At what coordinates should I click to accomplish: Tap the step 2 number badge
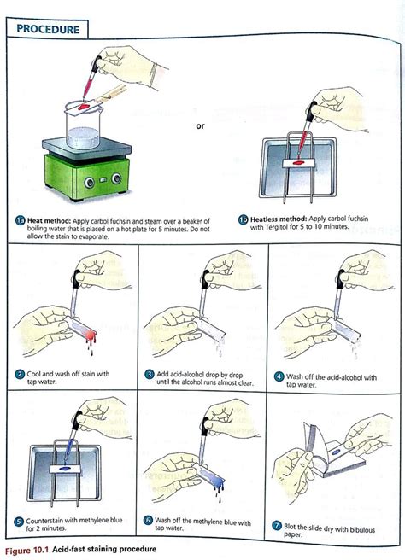(19, 374)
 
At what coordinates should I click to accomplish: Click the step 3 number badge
(150, 374)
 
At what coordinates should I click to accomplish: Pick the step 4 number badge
(279, 374)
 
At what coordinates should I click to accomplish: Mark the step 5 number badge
(19, 521)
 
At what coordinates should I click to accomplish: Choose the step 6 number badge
(149, 521)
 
